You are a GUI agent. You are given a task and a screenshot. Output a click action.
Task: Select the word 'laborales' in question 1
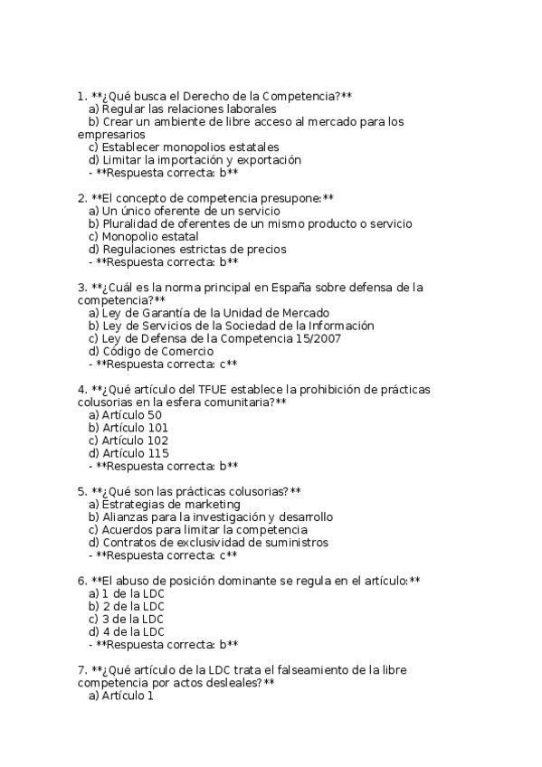point(250,109)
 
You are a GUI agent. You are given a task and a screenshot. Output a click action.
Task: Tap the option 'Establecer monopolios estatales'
point(190,147)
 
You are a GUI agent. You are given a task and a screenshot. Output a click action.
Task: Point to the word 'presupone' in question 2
point(290,198)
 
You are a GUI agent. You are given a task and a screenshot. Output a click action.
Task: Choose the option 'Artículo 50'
point(132,415)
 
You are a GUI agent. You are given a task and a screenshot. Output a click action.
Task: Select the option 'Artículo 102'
point(135,440)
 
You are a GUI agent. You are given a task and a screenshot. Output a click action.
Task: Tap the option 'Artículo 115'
point(135,453)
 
